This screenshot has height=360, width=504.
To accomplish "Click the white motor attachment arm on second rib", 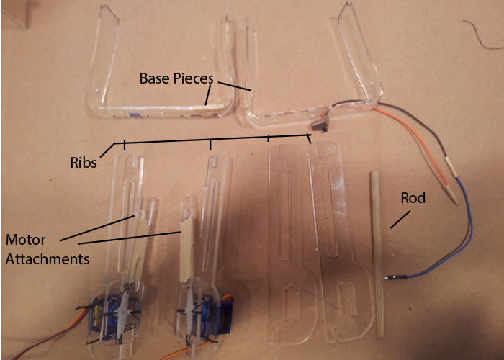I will tap(185, 238).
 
